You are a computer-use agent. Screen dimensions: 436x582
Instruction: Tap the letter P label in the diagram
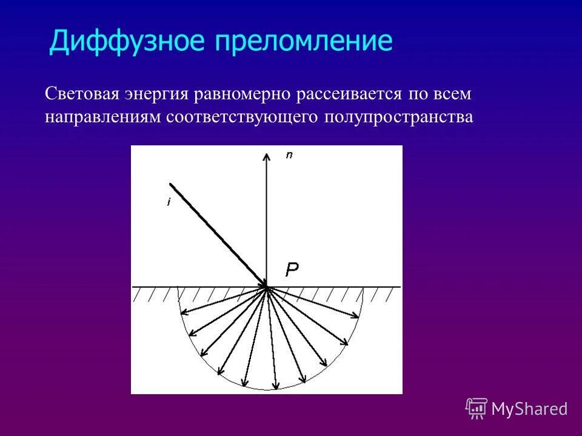click(292, 270)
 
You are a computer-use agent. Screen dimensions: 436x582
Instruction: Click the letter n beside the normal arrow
click(289, 156)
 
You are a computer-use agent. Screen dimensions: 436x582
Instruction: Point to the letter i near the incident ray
click(168, 203)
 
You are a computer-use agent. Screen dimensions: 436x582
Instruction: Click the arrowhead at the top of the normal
click(266, 154)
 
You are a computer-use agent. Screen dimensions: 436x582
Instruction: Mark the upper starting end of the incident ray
click(171, 184)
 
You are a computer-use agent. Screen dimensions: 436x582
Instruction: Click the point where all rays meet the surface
click(266, 286)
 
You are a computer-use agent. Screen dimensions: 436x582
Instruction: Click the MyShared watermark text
click(529, 409)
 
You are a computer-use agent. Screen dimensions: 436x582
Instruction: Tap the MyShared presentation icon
click(477, 408)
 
